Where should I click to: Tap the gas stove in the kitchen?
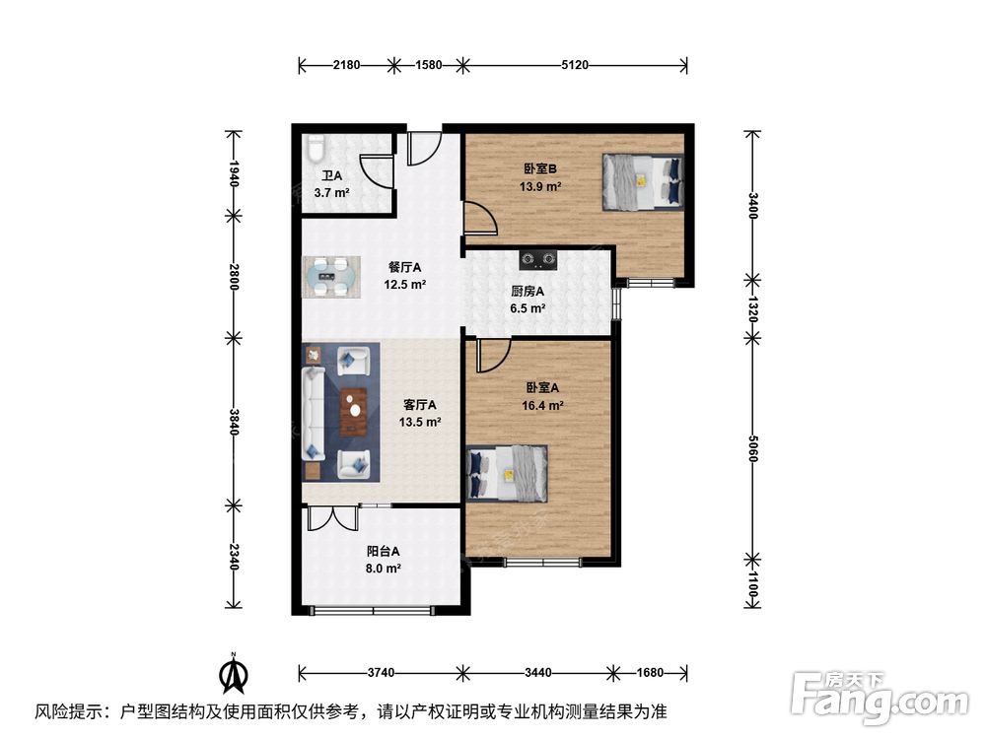538,259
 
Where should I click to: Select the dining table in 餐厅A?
331,277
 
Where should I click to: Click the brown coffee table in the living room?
353,412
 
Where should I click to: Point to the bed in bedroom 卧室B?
643,181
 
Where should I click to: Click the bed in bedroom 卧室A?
508,474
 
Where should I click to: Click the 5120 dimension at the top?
575,65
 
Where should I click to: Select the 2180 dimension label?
346,65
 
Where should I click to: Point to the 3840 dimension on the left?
234,422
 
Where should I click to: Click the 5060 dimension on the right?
752,448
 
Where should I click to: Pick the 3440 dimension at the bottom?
538,673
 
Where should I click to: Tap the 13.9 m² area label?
540,186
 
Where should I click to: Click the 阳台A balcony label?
383,552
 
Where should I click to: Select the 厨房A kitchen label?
528,292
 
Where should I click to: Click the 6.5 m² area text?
528,308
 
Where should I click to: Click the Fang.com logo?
880,696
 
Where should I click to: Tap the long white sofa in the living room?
314,414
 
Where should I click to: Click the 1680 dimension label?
650,673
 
